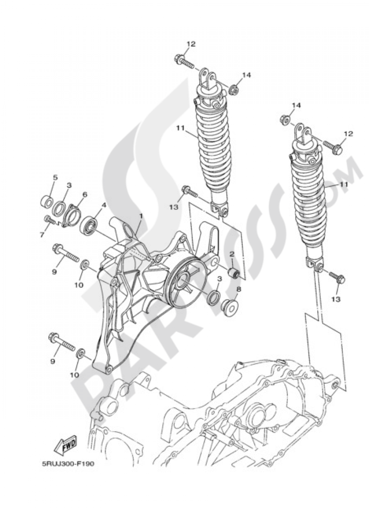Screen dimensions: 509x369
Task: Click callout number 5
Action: tap(55, 177)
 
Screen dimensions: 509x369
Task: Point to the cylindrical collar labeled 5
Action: tap(46, 201)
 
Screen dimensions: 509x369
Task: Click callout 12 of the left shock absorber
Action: tap(190, 44)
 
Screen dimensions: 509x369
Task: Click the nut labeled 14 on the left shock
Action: tap(233, 90)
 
